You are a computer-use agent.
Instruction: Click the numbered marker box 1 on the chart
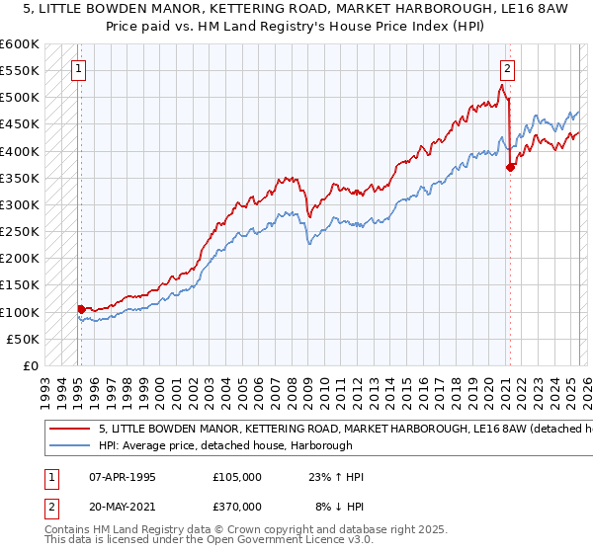click(78, 69)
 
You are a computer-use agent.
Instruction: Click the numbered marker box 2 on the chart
click(507, 69)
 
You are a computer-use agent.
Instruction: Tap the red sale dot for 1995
click(81, 309)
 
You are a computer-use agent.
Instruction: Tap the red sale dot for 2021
click(510, 167)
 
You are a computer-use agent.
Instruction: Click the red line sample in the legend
click(68, 430)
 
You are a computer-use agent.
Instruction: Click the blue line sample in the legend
click(68, 445)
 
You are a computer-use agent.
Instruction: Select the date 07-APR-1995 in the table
click(122, 477)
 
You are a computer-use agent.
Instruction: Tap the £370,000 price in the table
click(236, 505)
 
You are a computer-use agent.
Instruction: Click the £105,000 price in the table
click(236, 477)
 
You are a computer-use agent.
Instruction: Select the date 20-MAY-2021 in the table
click(123, 505)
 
